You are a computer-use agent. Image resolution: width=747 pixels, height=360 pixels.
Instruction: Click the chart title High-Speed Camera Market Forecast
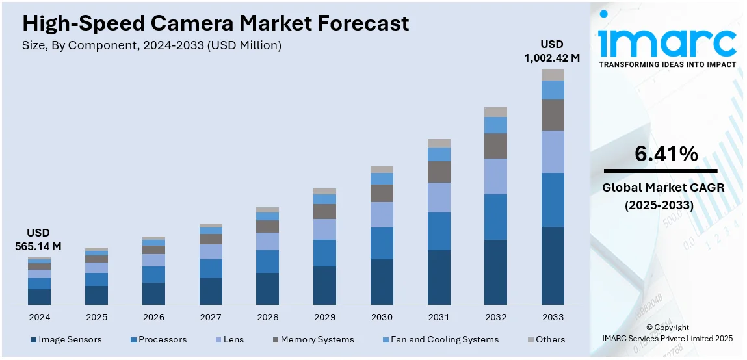pyautogui.click(x=215, y=23)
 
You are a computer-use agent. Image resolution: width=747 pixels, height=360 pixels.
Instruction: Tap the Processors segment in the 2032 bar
pyautogui.click(x=495, y=217)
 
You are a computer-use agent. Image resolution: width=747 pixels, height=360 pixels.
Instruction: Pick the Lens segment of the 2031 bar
pyautogui.click(x=439, y=198)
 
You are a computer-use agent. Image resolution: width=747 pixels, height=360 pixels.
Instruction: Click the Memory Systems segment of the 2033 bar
pyautogui.click(x=553, y=115)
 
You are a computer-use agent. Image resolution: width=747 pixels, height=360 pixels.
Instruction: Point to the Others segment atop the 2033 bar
pyautogui.click(x=553, y=75)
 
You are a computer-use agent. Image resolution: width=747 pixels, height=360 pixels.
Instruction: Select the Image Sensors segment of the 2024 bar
pyautogui.click(x=39, y=297)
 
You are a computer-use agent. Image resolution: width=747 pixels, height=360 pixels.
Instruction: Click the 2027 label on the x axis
pyautogui.click(x=210, y=317)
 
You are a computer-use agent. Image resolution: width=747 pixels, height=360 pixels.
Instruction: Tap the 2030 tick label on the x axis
pyautogui.click(x=382, y=317)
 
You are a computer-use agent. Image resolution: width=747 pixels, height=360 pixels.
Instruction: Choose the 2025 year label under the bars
pyautogui.click(x=96, y=317)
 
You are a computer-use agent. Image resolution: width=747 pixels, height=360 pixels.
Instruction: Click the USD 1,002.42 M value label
pyautogui.click(x=552, y=51)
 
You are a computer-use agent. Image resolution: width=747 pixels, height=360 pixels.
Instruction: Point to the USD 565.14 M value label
pyautogui.click(x=38, y=239)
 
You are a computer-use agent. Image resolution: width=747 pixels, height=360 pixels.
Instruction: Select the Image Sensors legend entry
pyautogui.click(x=66, y=339)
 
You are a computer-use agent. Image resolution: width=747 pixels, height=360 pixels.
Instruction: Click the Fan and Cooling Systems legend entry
pyautogui.click(x=441, y=339)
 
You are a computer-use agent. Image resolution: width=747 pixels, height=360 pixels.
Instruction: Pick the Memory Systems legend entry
pyautogui.click(x=312, y=339)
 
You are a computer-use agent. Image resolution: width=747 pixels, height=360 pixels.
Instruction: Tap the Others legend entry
pyautogui.click(x=545, y=339)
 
